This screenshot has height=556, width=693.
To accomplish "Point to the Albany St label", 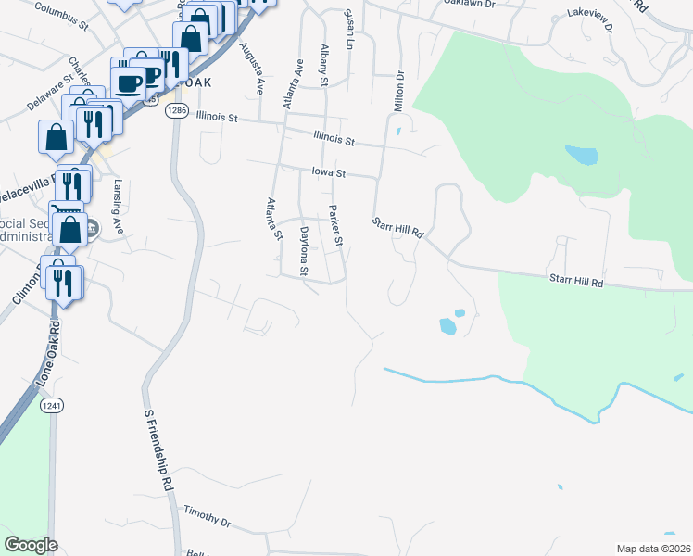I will tap(324, 64).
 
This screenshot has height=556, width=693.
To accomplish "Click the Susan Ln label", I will tap(349, 30).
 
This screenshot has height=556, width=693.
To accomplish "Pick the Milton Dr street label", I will tap(400, 93).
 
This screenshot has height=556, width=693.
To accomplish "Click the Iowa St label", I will tap(328, 172).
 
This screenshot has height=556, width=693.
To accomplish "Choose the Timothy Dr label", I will tap(207, 515).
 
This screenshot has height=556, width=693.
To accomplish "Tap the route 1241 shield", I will tap(52, 405).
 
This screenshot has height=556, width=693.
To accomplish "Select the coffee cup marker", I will tap(130, 82).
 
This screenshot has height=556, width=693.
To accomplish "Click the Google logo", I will tap(31, 545).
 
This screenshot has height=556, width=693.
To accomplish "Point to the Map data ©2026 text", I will tap(653, 548).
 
